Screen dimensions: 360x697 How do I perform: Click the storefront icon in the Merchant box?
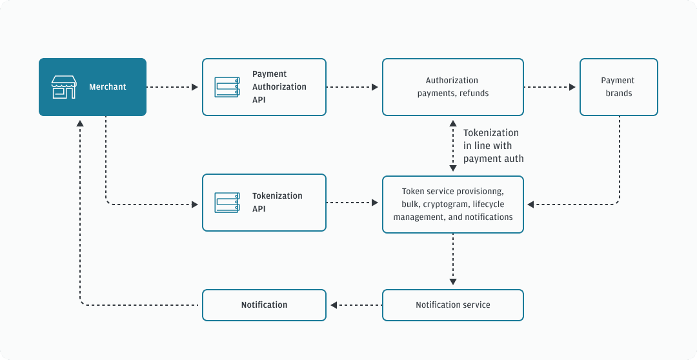[x=64, y=87]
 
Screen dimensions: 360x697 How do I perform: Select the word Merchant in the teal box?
[x=108, y=87]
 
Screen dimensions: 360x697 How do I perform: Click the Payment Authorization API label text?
[x=279, y=87]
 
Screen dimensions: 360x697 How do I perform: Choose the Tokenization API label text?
[x=277, y=203]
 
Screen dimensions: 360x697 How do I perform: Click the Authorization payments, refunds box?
[x=452, y=87]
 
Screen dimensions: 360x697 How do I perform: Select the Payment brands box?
[x=618, y=87]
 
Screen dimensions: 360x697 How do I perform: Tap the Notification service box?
[x=452, y=305]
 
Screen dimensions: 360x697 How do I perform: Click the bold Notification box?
[x=264, y=305]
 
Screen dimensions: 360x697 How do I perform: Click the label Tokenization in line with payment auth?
[x=493, y=146]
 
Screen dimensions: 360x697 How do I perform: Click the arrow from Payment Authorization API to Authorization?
[x=352, y=87]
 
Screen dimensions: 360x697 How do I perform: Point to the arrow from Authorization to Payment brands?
[x=550, y=87]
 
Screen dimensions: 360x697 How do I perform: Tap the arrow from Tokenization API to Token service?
[x=352, y=203]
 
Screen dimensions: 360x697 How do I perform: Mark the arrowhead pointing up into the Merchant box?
[x=80, y=123]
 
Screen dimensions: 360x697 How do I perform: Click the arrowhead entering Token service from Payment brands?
[x=530, y=205]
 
